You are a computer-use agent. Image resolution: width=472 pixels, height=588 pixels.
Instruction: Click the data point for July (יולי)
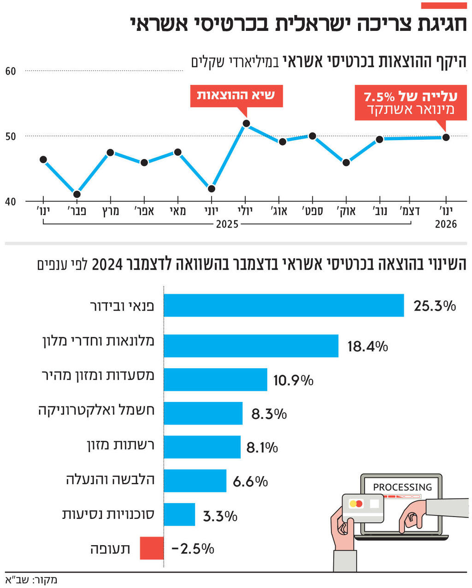coord(246,123)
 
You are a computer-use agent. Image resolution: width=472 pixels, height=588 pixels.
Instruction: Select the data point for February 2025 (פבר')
coord(77,194)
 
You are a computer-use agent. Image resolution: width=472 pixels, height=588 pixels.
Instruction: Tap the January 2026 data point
coord(446,137)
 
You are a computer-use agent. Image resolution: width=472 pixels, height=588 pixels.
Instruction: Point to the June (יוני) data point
coord(212,188)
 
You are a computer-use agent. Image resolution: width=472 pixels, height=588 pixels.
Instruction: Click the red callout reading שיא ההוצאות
coord(236,96)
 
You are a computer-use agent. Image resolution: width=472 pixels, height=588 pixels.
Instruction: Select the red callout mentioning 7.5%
coord(410,103)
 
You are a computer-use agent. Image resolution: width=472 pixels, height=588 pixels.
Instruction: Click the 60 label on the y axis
coord(11,71)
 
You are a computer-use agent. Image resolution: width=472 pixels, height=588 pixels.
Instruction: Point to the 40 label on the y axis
coord(11,202)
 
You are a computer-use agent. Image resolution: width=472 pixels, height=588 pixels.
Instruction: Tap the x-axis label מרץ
coord(111,212)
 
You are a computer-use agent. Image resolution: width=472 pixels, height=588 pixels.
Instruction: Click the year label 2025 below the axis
coord(227,224)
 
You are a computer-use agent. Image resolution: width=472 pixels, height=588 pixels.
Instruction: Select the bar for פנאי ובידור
coord(283,306)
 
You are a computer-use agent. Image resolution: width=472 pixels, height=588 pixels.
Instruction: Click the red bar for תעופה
coord(152,548)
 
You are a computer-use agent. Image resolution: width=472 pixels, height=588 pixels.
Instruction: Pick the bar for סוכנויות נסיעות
coord(179,514)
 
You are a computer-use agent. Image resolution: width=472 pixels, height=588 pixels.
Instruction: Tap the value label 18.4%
coord(367,346)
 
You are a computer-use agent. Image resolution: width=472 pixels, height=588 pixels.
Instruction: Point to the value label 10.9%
coord(293,380)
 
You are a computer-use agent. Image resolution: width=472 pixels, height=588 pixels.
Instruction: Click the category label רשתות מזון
coord(120,446)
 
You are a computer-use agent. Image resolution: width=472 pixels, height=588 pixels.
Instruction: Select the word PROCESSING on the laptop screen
coord(402,487)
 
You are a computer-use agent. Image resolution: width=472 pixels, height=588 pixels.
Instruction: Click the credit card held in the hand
coord(363,507)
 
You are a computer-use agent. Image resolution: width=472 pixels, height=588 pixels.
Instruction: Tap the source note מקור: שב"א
coord(31,579)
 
